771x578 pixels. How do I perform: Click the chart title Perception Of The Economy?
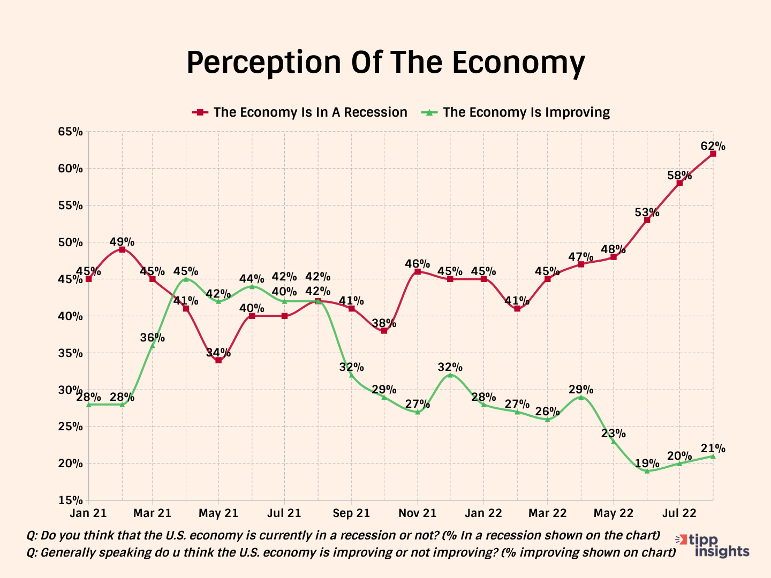point(385,63)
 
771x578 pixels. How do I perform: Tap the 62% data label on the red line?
point(713,146)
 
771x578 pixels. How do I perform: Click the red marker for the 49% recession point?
point(122,249)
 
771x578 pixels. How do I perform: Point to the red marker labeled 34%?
point(218,360)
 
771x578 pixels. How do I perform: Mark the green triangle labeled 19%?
point(647,471)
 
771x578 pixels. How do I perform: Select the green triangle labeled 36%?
point(153,345)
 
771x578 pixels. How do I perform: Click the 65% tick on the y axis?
point(71,132)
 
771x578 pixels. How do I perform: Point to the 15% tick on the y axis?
point(71,500)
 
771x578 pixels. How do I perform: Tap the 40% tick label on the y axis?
point(71,316)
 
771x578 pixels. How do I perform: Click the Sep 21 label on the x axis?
point(351,513)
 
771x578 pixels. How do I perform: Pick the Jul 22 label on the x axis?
point(679,513)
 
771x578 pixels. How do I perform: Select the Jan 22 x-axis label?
point(483,513)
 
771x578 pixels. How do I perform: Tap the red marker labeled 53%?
point(647,220)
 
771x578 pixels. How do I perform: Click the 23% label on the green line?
point(613,433)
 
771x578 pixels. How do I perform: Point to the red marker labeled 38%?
point(384,331)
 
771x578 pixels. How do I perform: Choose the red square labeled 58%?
point(679,183)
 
